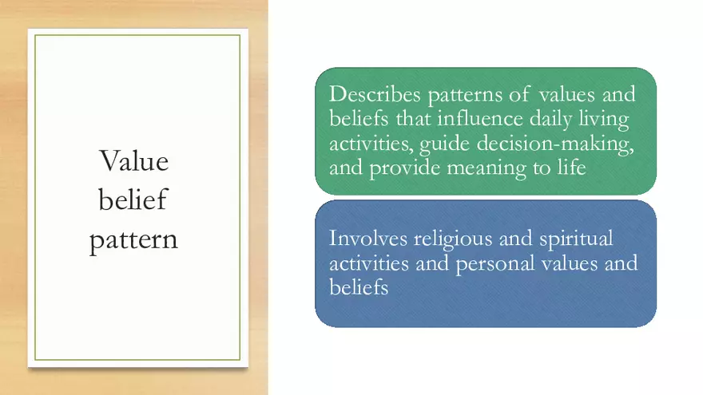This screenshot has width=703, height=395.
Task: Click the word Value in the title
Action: tap(134, 161)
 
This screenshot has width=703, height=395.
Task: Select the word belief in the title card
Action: tap(133, 199)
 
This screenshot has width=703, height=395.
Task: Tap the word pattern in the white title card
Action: tap(133, 239)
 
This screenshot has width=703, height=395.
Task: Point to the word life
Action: tap(573, 168)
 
